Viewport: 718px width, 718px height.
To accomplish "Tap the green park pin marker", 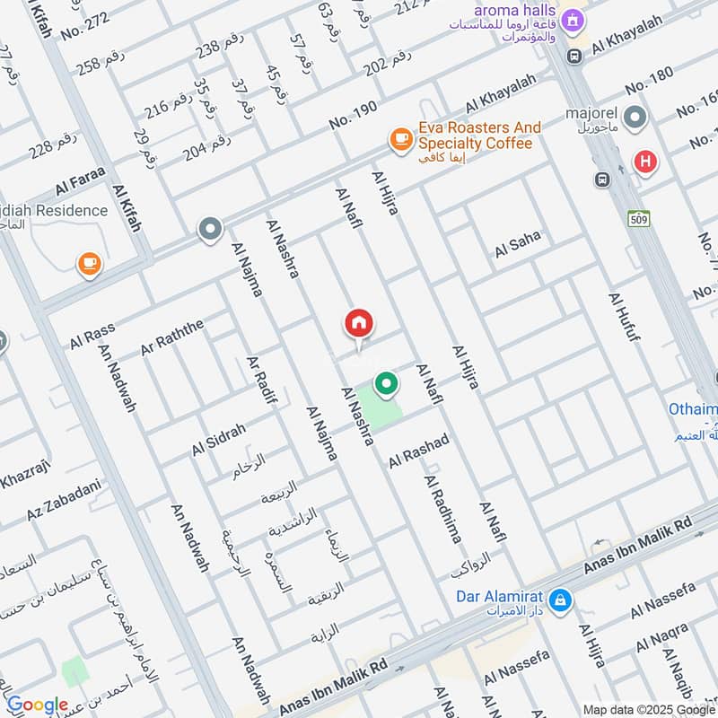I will click(386, 384).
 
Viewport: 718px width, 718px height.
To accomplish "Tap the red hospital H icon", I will click(644, 162).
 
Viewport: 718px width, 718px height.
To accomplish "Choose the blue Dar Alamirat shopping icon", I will click(559, 600).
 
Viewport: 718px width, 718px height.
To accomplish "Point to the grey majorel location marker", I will click(635, 117).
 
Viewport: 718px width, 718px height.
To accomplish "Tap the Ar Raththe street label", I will click(172, 335).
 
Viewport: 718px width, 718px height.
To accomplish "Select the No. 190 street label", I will click(353, 117).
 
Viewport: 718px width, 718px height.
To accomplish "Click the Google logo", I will click(37, 705).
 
